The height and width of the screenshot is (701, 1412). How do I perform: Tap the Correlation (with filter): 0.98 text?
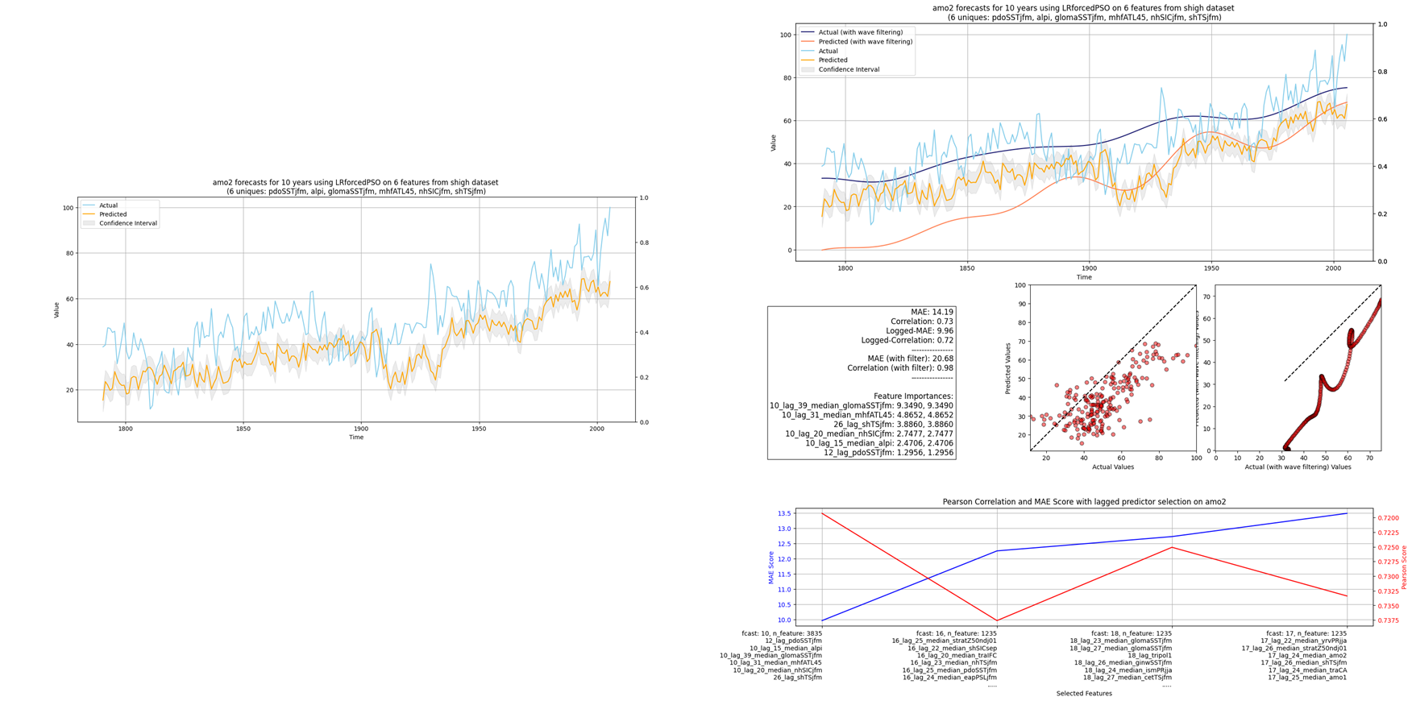coord(900,368)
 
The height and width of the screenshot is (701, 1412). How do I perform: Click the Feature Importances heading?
coord(913,396)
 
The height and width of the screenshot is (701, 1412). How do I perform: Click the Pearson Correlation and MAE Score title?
coord(1084,502)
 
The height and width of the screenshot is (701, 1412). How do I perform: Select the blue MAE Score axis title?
coord(770,567)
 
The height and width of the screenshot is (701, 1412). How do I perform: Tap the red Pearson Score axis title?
coord(1404,567)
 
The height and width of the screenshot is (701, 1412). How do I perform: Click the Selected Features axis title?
coord(1084,694)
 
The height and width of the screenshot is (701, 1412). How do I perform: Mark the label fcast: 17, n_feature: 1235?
coord(1306,634)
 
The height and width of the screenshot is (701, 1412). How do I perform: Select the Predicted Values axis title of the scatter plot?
coord(1008,368)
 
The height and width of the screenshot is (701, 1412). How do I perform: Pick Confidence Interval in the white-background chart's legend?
coord(127,223)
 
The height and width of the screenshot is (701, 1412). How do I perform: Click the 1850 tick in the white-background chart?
coord(243,429)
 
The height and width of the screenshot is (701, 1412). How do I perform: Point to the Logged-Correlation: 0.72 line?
coord(907,341)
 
